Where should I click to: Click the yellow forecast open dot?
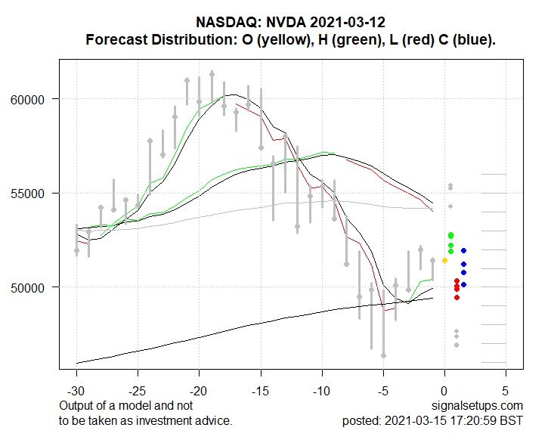click(x=444, y=260)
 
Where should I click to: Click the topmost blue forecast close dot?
click(x=463, y=250)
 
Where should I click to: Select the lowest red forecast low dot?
click(x=457, y=297)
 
